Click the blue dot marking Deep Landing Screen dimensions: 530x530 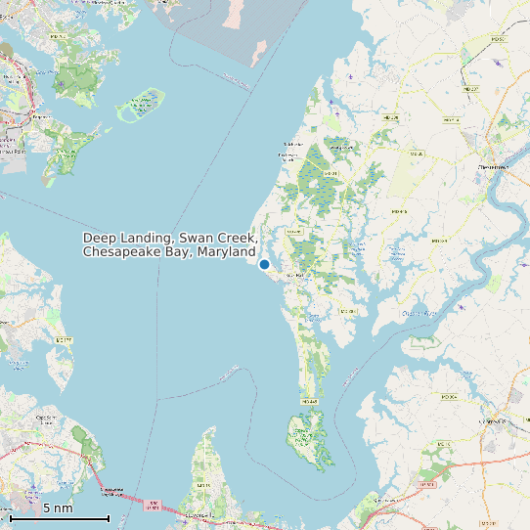tap(264, 264)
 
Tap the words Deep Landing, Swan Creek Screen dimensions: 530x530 tap(168, 238)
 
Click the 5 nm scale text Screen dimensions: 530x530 tap(58, 508)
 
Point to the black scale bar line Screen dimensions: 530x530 tap(59, 519)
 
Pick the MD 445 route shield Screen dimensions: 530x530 tap(310, 401)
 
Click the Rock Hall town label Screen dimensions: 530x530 tap(294, 277)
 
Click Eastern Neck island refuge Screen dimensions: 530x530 tap(306, 440)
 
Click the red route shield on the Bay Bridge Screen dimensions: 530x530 tap(153, 507)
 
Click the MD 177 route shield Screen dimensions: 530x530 tap(65, 339)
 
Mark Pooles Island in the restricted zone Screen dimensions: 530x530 tap(259, 49)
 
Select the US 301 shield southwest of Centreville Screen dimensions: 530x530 tap(426, 484)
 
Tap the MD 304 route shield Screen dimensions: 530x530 tap(449, 397)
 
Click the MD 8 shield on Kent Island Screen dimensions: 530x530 tap(204, 485)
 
